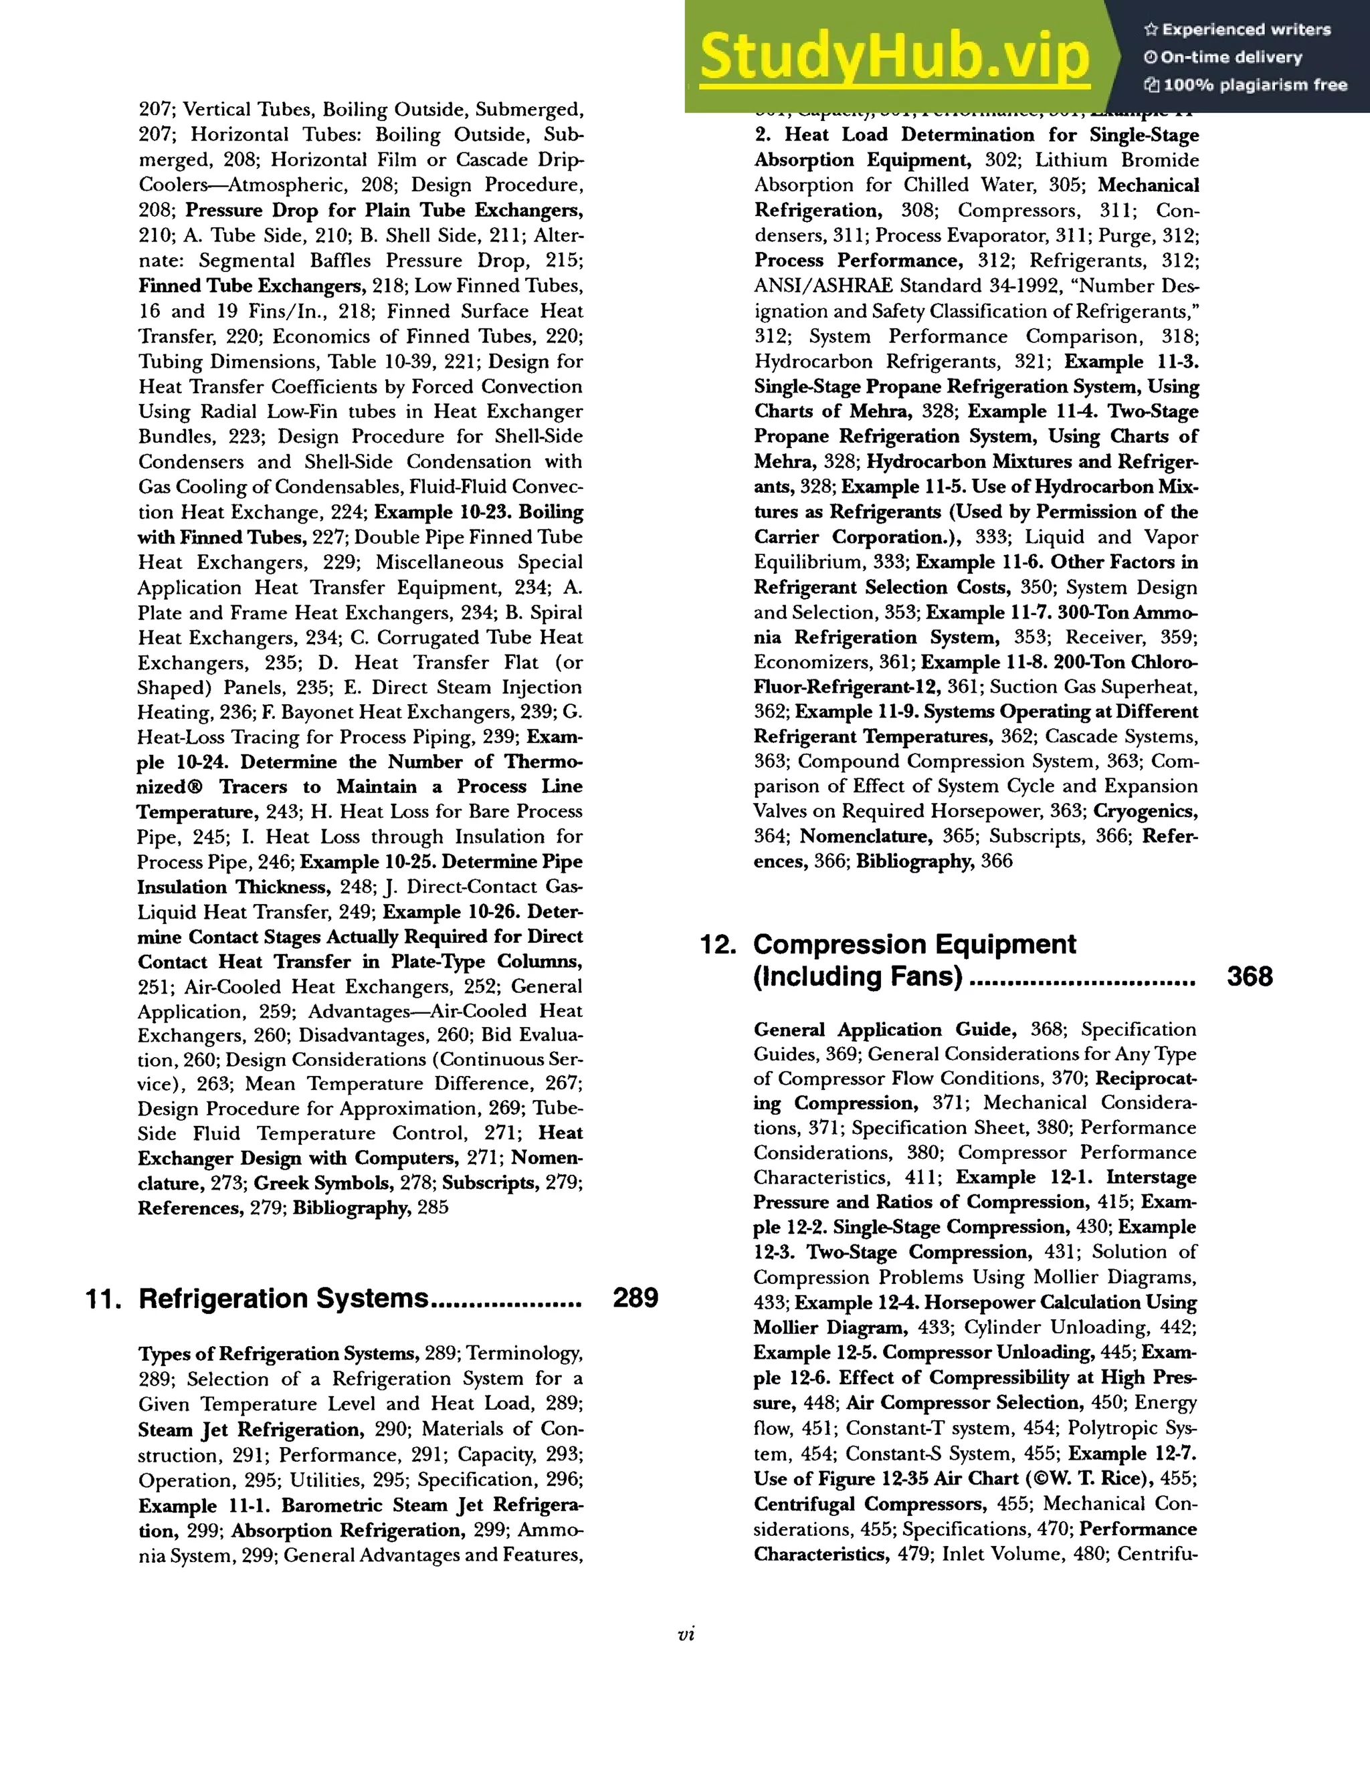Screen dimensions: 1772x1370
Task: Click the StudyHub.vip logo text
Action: coord(894,57)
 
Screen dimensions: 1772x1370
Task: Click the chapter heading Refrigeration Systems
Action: coord(282,1298)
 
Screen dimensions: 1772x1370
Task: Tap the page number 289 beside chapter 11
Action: coord(635,1298)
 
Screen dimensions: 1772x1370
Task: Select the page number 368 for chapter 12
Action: coord(1249,976)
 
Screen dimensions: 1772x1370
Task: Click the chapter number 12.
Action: coord(718,946)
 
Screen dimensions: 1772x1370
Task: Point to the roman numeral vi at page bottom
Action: coord(685,1635)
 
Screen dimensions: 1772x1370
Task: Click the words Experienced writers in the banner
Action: coord(1246,30)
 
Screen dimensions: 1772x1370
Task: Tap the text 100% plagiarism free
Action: coord(1255,85)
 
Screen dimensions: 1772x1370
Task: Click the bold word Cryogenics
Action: coord(1145,811)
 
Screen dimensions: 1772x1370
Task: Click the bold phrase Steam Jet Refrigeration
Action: coord(249,1430)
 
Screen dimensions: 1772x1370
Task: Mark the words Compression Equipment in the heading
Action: coord(914,944)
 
